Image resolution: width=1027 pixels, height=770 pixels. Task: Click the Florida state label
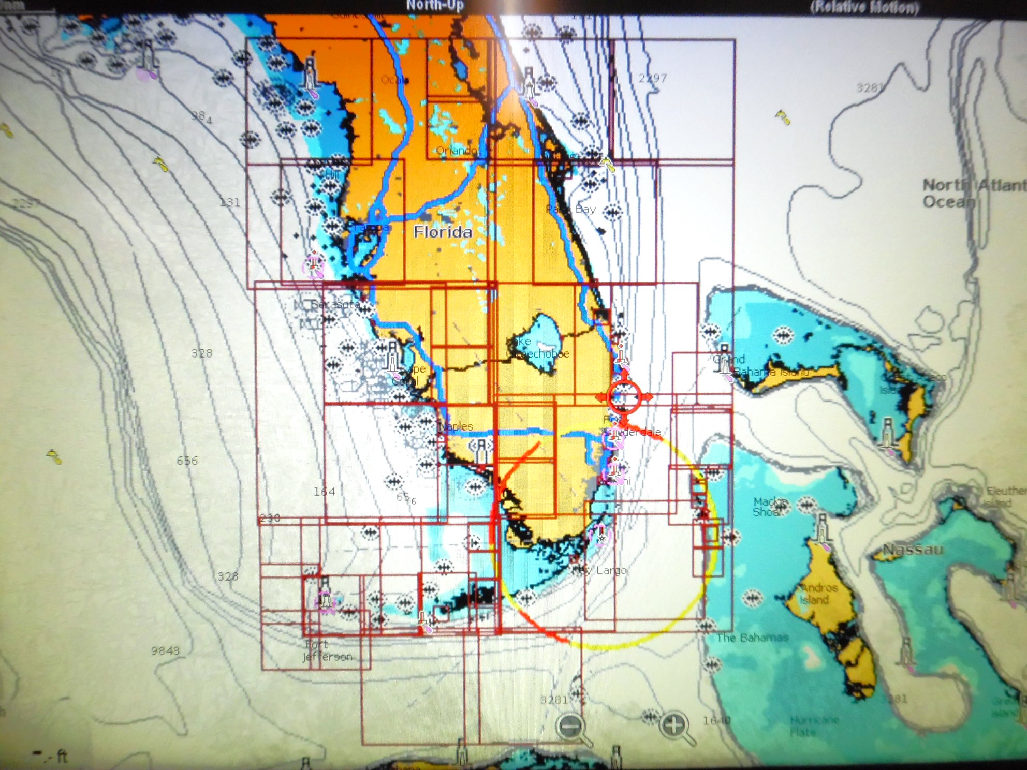[x=443, y=232]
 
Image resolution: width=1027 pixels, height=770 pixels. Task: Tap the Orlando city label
[x=456, y=150]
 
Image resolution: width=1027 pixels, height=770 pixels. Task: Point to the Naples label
[x=456, y=426]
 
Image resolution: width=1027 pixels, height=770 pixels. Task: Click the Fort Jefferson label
[x=327, y=650]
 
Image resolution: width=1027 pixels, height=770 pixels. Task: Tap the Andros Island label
[x=818, y=594]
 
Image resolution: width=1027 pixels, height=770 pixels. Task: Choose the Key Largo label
[x=600, y=570]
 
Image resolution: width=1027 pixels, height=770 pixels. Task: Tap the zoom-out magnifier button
[x=571, y=727]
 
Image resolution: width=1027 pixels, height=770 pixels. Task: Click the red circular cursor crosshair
[x=624, y=397]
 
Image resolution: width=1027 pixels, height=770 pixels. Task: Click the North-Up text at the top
[x=434, y=6]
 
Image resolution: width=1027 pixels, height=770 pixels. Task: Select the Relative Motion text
[x=864, y=7]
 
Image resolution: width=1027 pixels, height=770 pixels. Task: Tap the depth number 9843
[x=165, y=650]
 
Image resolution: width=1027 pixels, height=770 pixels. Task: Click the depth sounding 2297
[x=652, y=78]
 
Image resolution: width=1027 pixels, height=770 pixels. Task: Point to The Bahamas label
[x=752, y=638]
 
